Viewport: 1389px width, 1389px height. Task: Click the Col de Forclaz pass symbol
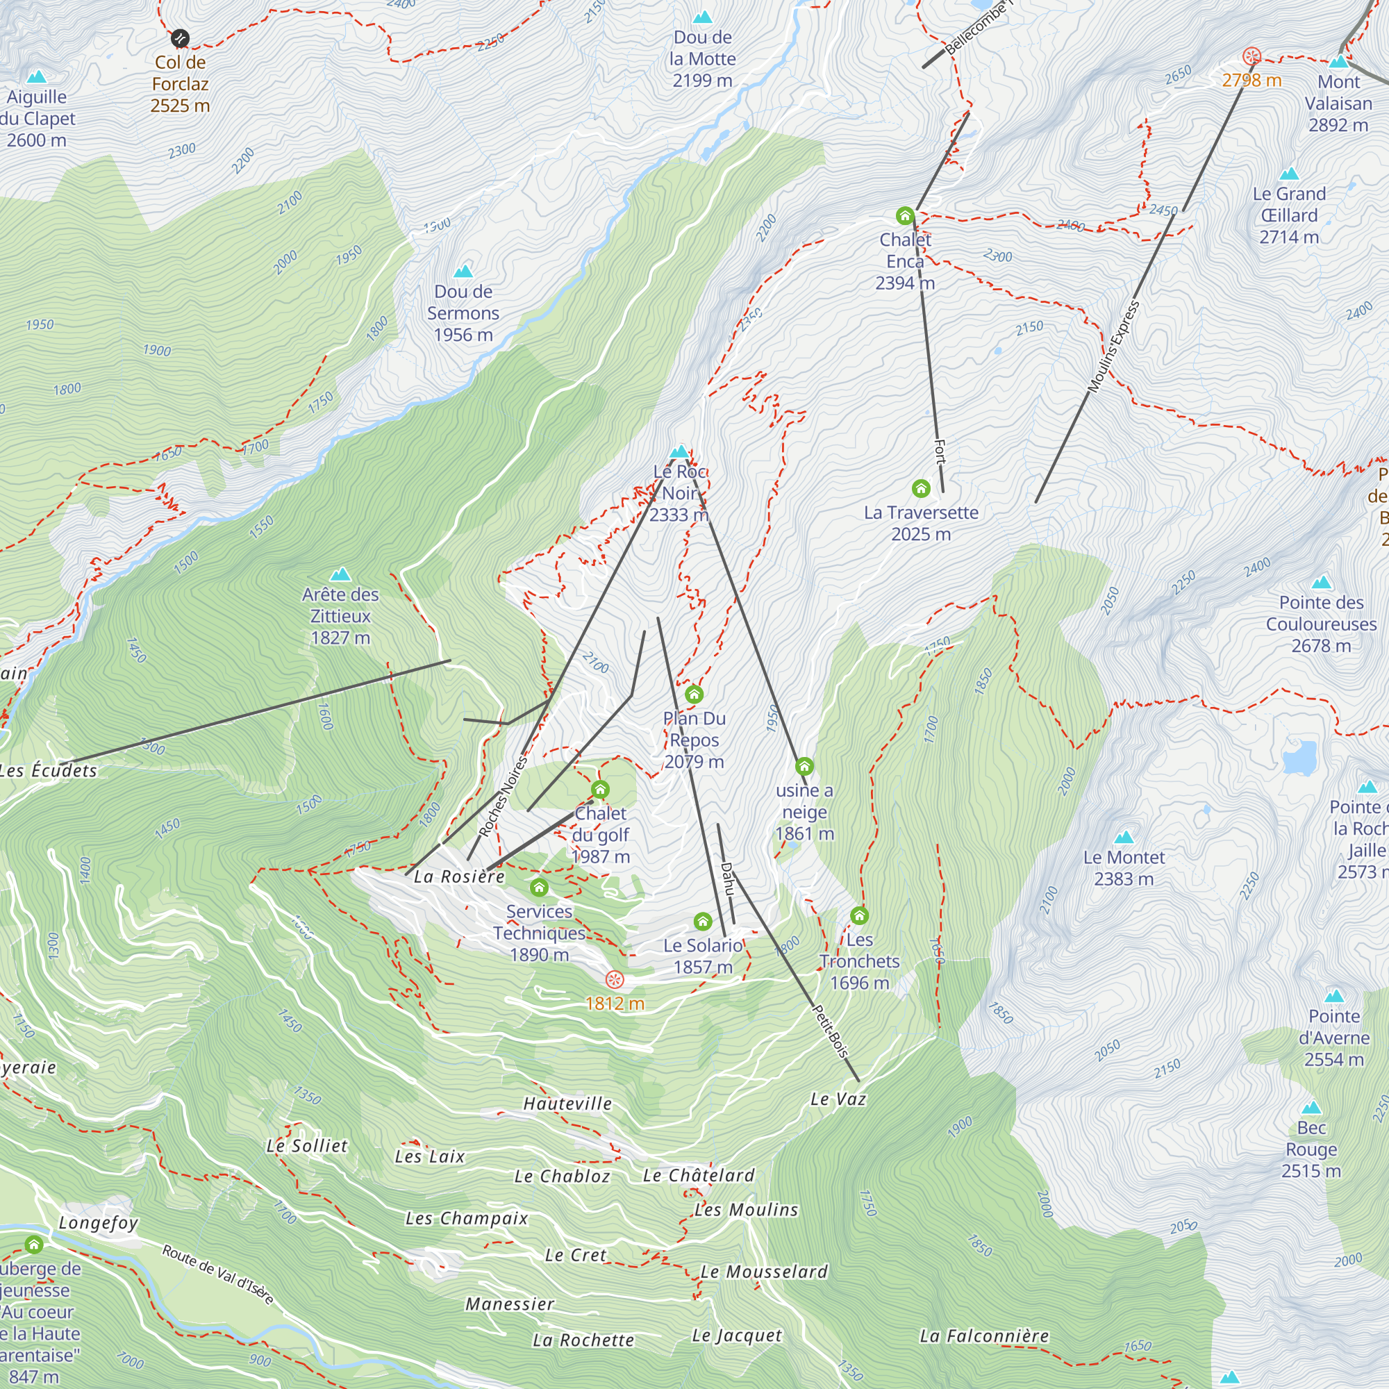180,38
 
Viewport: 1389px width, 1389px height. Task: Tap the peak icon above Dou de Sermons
463,271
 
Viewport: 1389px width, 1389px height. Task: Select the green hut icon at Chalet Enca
904,216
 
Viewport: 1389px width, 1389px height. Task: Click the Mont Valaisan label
1339,103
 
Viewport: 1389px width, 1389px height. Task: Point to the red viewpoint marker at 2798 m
1251,56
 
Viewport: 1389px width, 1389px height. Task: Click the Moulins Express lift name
1114,347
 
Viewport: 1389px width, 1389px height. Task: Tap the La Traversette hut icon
920,489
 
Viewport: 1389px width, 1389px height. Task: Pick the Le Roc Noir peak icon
679,451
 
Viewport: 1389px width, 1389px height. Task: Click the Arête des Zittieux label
340,615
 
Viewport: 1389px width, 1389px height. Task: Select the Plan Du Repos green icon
693,694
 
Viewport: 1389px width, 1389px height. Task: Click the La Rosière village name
458,876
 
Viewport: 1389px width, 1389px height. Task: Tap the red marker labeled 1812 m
614,979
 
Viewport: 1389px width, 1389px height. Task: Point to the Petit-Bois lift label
831,1031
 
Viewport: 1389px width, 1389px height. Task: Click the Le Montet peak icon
1123,837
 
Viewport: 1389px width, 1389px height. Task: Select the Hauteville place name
567,1104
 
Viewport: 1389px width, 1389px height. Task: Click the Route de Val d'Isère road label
218,1274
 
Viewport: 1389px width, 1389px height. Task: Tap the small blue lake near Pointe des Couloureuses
1299,757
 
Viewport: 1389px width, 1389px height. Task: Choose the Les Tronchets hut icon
859,915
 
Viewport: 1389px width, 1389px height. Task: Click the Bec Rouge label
1311,1149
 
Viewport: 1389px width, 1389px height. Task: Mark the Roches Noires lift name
503,796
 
